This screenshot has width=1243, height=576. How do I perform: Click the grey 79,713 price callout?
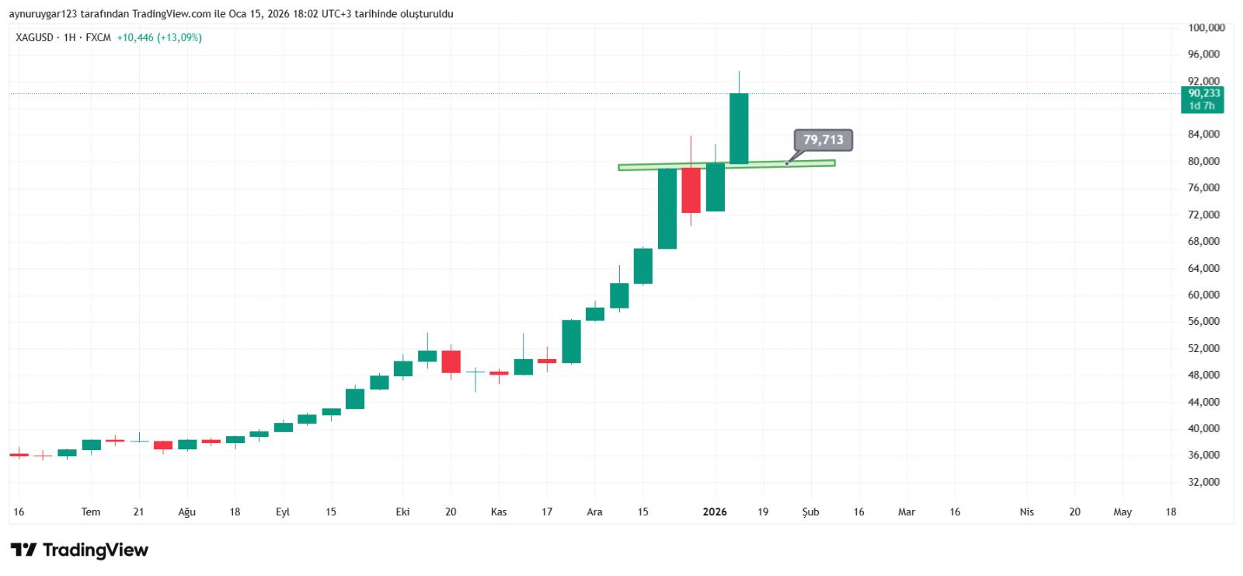[823, 140]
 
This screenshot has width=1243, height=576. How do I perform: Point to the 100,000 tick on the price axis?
[1206, 28]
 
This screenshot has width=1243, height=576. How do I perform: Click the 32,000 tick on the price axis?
[1203, 482]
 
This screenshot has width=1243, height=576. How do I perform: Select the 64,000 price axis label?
[1203, 268]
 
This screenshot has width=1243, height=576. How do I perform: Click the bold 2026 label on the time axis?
[715, 511]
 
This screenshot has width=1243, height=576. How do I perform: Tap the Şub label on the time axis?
[810, 511]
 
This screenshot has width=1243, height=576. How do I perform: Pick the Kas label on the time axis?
[499, 511]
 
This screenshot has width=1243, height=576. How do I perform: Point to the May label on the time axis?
[1122, 511]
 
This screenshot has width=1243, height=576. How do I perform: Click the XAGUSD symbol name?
[34, 37]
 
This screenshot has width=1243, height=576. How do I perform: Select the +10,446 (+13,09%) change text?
[159, 37]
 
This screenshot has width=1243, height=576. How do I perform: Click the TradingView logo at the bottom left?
[79, 550]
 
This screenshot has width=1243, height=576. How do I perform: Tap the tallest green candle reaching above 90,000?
[739, 128]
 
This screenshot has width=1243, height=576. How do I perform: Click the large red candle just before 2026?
[691, 190]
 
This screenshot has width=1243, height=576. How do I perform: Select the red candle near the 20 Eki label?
[451, 361]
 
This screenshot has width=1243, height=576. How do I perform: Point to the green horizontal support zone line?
[726, 165]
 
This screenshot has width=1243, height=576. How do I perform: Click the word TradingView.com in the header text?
[171, 14]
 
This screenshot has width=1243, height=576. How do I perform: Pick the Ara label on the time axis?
[594, 511]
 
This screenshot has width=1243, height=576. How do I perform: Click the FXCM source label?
[98, 37]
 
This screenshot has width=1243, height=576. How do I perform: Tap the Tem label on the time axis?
[91, 511]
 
